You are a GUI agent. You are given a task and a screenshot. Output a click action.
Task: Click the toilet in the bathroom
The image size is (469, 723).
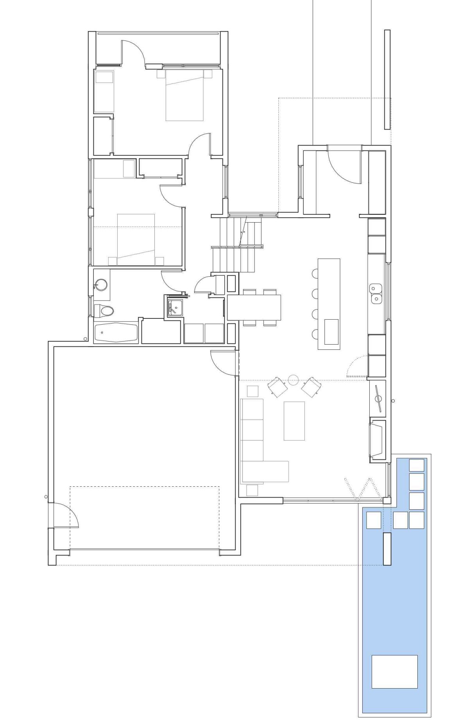(104, 311)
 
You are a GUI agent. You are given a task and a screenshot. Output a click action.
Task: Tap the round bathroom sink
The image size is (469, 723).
(102, 285)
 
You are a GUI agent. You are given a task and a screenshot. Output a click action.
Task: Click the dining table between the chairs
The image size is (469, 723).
(254, 307)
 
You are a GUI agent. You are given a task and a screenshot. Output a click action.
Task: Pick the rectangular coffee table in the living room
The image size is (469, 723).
(294, 421)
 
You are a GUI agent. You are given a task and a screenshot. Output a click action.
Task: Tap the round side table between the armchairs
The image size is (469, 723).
(294, 380)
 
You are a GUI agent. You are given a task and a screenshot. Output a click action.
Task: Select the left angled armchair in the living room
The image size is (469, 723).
(277, 387)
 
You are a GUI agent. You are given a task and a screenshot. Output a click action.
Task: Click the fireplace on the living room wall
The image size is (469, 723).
(377, 439)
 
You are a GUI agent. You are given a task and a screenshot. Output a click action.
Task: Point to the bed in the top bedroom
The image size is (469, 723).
(184, 95)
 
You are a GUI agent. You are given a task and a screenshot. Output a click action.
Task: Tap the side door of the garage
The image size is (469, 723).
(64, 516)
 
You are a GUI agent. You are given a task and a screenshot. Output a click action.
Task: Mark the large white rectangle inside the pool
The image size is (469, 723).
(394, 671)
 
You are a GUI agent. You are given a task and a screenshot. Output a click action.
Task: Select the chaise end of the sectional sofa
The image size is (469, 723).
(265, 471)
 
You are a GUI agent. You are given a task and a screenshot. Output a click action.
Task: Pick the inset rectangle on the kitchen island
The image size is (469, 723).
(331, 331)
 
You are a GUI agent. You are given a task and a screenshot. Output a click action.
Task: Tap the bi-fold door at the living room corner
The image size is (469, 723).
(363, 489)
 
